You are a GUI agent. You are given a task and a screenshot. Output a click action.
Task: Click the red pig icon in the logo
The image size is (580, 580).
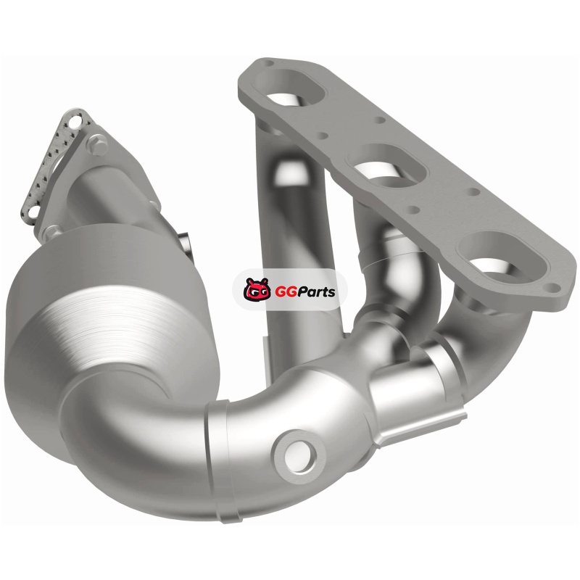pos(256,289)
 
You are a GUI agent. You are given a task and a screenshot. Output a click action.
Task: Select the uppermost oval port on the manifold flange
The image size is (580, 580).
pos(291,88)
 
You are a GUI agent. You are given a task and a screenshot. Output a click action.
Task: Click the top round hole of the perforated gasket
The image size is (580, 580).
pos(76,121)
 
